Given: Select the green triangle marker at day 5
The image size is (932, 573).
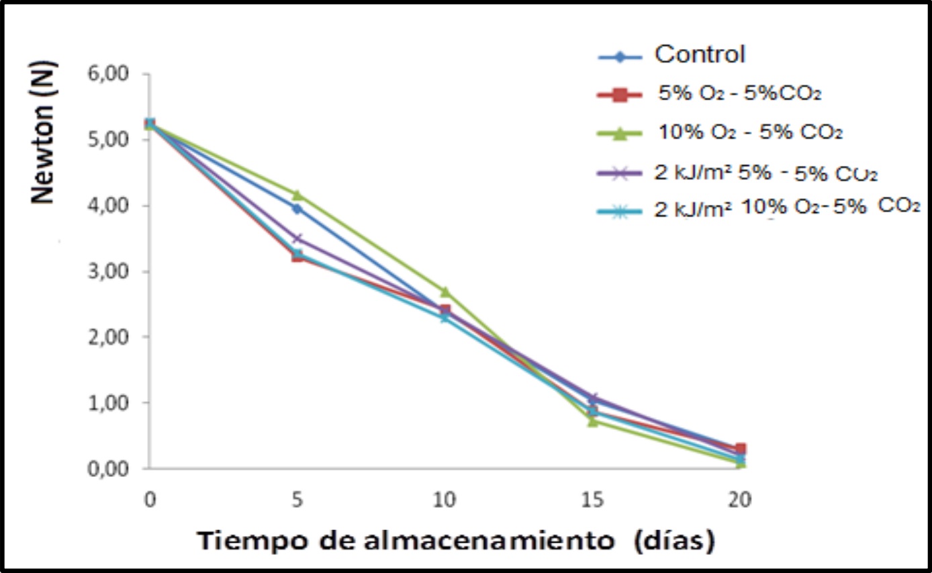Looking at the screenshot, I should click(297, 195).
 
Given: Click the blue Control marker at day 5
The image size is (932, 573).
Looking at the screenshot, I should click(297, 208).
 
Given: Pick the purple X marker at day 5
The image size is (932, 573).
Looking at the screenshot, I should click(297, 238).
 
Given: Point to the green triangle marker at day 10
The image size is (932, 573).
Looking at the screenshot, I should click(445, 291).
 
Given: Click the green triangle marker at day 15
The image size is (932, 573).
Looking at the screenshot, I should click(593, 421).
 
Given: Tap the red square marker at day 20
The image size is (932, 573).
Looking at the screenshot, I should click(740, 449).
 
